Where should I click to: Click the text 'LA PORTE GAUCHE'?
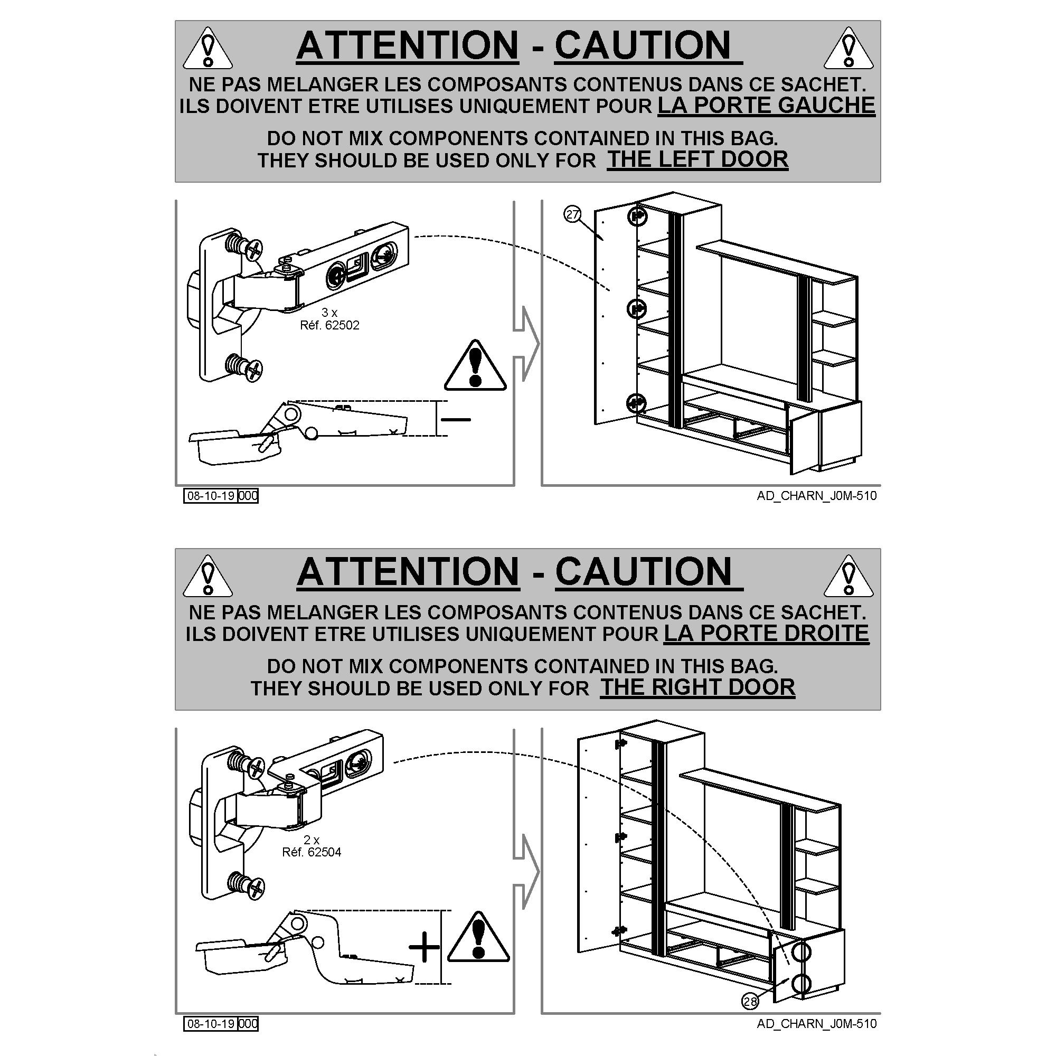click(766, 105)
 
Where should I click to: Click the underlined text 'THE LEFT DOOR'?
click(697, 159)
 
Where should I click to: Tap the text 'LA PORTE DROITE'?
click(766, 633)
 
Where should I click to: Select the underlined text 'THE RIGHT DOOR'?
click(697, 687)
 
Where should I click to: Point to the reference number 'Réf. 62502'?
click(329, 325)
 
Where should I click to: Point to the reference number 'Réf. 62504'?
click(312, 852)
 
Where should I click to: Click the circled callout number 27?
click(572, 215)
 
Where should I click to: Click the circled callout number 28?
click(750, 1016)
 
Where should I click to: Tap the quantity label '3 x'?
click(329, 313)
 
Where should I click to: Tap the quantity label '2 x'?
click(311, 840)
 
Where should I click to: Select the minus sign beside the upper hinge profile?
click(456, 420)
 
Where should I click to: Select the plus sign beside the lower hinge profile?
click(424, 947)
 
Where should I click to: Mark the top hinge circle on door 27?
click(636, 216)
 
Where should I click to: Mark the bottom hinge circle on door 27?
click(636, 403)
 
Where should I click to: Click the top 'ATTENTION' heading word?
click(407, 45)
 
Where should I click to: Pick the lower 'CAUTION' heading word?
click(649, 572)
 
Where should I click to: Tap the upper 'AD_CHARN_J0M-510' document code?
click(817, 496)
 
